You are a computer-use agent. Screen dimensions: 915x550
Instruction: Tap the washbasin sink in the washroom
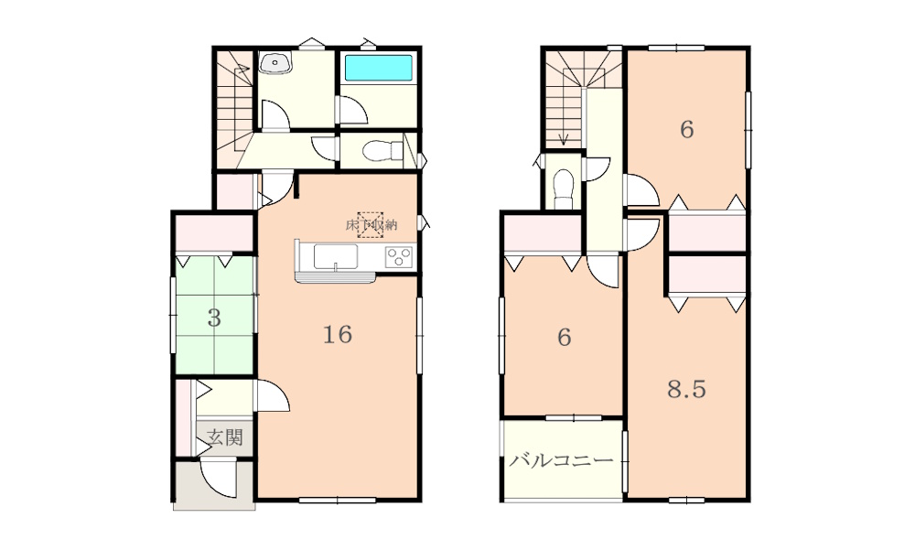click(274, 62)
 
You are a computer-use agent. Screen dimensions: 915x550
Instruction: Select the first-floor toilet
click(382, 151)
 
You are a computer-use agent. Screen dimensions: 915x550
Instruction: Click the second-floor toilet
click(564, 189)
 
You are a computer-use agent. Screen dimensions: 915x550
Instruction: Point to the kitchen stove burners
click(400, 257)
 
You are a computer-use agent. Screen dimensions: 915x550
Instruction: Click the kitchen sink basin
click(336, 256)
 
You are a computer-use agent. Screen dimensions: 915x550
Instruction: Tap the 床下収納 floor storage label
click(371, 225)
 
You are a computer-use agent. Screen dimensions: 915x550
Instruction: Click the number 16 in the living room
click(338, 335)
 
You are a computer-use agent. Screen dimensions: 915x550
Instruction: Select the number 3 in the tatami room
click(214, 318)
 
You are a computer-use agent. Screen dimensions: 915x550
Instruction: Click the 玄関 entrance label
click(225, 437)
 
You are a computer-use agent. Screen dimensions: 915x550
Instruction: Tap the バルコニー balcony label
click(562, 460)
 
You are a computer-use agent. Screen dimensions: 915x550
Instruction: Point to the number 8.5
click(687, 389)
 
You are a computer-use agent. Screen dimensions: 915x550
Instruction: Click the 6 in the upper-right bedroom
click(687, 129)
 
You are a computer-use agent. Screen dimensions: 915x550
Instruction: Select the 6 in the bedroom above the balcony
click(564, 337)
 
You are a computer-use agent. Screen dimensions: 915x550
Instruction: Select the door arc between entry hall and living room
click(273, 396)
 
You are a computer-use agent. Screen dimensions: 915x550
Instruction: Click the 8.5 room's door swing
click(642, 234)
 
